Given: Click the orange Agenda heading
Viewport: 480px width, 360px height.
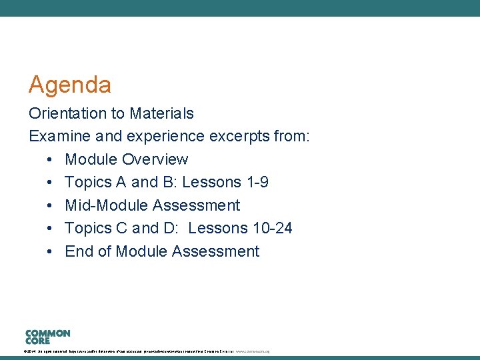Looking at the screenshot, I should [x=69, y=85].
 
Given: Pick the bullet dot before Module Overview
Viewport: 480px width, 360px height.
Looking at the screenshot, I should [x=51, y=160].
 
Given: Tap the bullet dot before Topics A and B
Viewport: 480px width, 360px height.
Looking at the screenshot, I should [x=51, y=183].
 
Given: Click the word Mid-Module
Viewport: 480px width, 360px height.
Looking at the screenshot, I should [x=106, y=205].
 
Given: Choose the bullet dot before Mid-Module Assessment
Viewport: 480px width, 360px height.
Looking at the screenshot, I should [x=51, y=206].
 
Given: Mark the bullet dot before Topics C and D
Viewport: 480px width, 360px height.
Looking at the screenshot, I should [x=51, y=229].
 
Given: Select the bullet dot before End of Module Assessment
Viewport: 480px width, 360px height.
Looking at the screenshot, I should [x=51, y=252].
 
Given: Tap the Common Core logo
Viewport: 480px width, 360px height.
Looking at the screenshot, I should [x=47, y=336].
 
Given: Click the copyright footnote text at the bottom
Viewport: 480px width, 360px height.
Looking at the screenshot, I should [x=146, y=351].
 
